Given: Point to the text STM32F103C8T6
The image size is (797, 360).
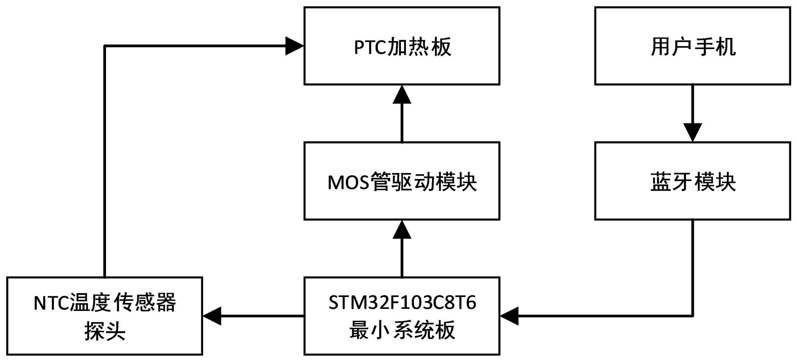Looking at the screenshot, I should pyautogui.click(x=402, y=303).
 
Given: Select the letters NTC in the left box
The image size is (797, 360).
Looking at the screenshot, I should pyautogui.click(x=51, y=303).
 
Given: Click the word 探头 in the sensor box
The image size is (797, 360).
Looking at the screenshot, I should pyautogui.click(x=105, y=331).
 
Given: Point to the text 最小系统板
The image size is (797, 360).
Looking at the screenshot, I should pyautogui.click(x=402, y=330).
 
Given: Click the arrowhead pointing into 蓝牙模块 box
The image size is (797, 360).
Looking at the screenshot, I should pyautogui.click(x=693, y=132).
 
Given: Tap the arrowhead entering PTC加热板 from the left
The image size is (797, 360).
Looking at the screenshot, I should pyautogui.click(x=294, y=46).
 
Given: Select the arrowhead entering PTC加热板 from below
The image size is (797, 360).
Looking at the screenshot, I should pyautogui.click(x=402, y=94).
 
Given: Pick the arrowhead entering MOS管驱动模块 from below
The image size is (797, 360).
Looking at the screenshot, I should pyautogui.click(x=402, y=230).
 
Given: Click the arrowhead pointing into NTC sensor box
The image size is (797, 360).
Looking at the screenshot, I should pyautogui.click(x=212, y=316).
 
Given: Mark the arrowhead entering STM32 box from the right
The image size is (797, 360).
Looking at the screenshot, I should pyautogui.click(x=509, y=316).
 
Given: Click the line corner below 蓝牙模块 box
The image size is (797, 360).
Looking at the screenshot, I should pyautogui.click(x=693, y=316).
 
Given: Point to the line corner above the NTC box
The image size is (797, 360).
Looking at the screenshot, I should pyautogui.click(x=104, y=46).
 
